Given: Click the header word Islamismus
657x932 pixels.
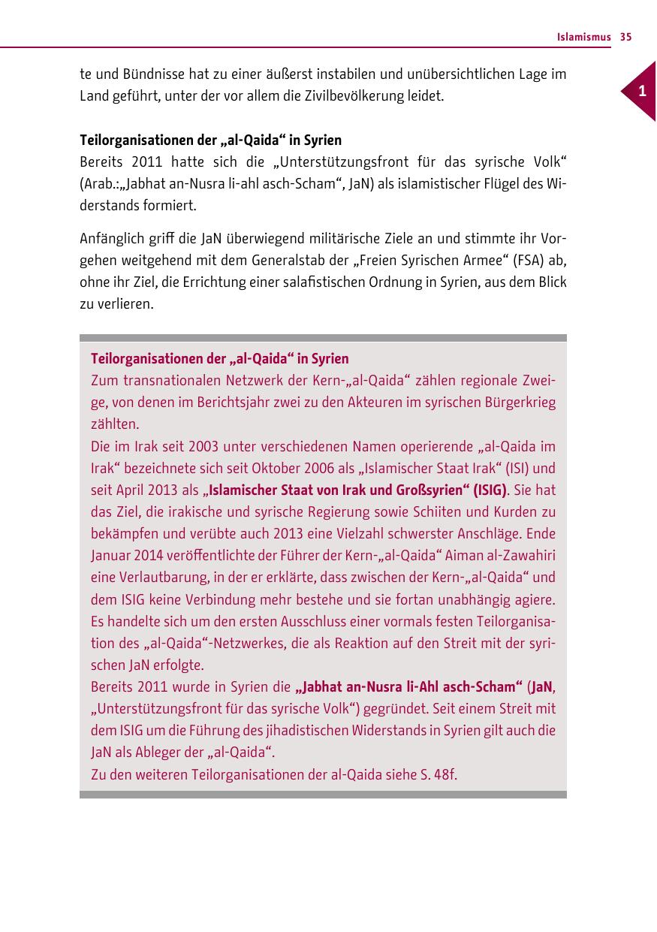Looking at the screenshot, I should pyautogui.click(x=583, y=37).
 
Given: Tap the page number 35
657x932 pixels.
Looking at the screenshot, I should pyautogui.click(x=626, y=37).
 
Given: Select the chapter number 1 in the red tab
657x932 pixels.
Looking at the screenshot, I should pyautogui.click(x=641, y=92).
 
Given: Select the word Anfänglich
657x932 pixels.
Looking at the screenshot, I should pyautogui.click(x=110, y=240).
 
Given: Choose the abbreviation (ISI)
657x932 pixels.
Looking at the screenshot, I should pyautogui.click(x=493, y=469).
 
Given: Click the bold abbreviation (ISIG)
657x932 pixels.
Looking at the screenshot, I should pyautogui.click(x=490, y=490).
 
